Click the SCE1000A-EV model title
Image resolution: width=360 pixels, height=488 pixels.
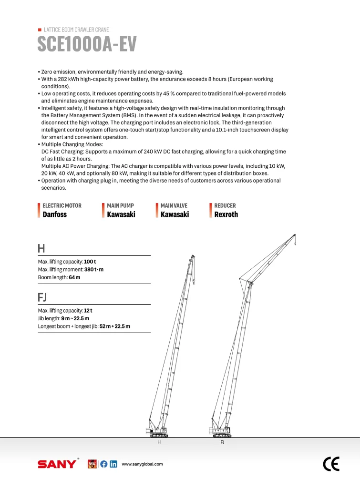click(87, 44)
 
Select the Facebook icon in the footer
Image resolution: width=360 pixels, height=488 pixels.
click(103, 464)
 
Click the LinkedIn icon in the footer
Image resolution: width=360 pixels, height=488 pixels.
click(113, 464)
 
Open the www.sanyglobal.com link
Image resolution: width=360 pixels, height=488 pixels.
click(142, 464)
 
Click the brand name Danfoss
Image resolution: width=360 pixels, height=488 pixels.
click(55, 214)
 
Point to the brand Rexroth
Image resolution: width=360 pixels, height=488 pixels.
click(226, 214)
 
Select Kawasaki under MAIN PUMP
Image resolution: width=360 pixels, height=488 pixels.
click(121, 214)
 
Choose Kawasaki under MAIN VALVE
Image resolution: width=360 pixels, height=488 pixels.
click(175, 214)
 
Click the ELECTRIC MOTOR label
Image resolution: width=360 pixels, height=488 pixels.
click(62, 205)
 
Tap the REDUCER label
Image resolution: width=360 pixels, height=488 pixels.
click(225, 205)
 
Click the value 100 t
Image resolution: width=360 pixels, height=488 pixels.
click(90, 262)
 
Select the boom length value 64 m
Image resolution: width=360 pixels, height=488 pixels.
click(74, 277)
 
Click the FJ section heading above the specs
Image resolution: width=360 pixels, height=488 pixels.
click(42, 297)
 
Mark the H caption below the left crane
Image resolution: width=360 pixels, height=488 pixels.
click(159, 443)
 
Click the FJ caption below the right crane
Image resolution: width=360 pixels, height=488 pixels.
click(222, 443)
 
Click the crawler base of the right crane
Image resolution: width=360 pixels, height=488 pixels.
click(222, 435)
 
